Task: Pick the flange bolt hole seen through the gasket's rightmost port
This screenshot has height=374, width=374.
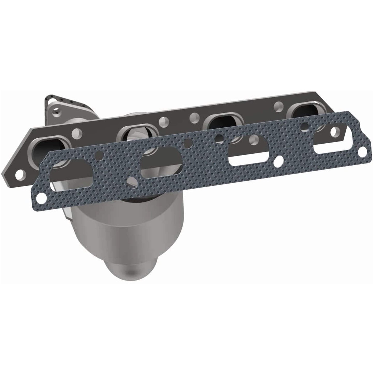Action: click(x=305, y=127)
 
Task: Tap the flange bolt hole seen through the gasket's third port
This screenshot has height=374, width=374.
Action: click(x=252, y=140)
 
